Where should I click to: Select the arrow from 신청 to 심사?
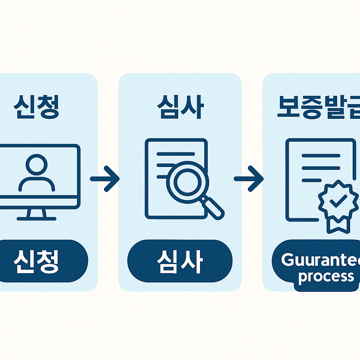pyautogui.click(x=105, y=179)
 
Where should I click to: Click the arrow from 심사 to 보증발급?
pyautogui.click(x=249, y=179)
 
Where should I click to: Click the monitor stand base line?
pyautogui.click(x=37, y=219)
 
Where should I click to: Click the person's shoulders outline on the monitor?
pyautogui.click(x=37, y=184)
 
